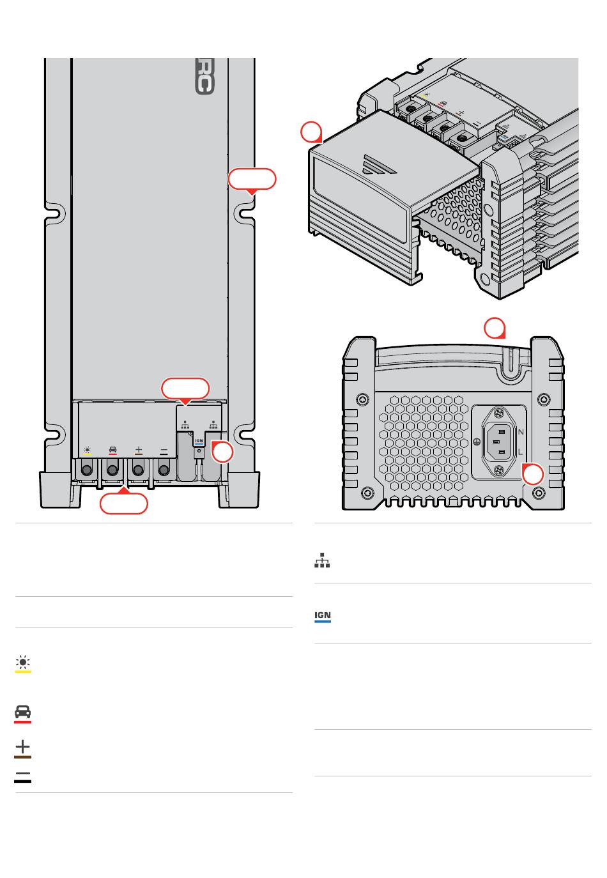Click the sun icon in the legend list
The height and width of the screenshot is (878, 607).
pos(23,663)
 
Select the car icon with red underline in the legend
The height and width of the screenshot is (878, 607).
pos(23,713)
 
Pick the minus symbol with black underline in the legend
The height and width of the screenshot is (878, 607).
pos(23,777)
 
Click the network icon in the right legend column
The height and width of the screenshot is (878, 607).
pos(322,560)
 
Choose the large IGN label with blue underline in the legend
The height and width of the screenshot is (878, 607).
pos(323,617)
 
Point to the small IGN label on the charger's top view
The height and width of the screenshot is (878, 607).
pos(199,442)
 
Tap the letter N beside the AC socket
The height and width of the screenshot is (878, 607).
pos(520,432)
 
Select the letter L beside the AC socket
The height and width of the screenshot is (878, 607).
pos(520,452)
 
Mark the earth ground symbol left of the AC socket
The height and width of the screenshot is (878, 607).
pos(477,441)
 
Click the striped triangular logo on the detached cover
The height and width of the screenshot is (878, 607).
pos(378,164)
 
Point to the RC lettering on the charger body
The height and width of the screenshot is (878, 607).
pos(204,77)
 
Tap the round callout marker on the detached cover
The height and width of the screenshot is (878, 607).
pos(311,132)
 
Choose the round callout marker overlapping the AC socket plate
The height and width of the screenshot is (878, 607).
pos(533,474)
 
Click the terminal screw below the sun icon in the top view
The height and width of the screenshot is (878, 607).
pos(87,470)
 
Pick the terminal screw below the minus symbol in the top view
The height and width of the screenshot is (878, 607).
pos(164,470)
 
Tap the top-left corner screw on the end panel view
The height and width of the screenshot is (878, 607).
pos(362,399)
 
